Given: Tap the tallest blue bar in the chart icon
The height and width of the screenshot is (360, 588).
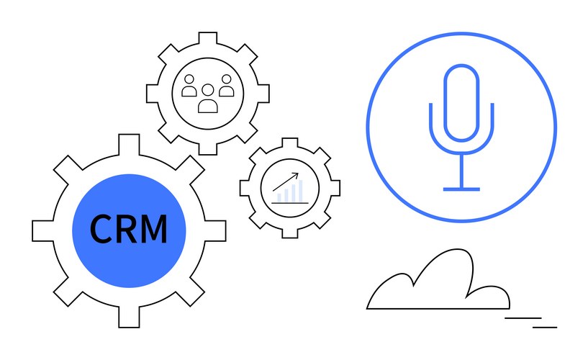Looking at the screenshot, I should click(x=300, y=190).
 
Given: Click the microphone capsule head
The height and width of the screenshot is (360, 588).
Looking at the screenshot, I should click(x=461, y=102).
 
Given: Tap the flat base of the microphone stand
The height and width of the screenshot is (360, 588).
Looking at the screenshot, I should click(x=461, y=189).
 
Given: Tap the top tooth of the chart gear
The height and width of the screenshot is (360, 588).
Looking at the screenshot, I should click(x=290, y=143).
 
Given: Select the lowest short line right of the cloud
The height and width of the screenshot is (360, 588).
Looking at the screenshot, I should click(x=545, y=326).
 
